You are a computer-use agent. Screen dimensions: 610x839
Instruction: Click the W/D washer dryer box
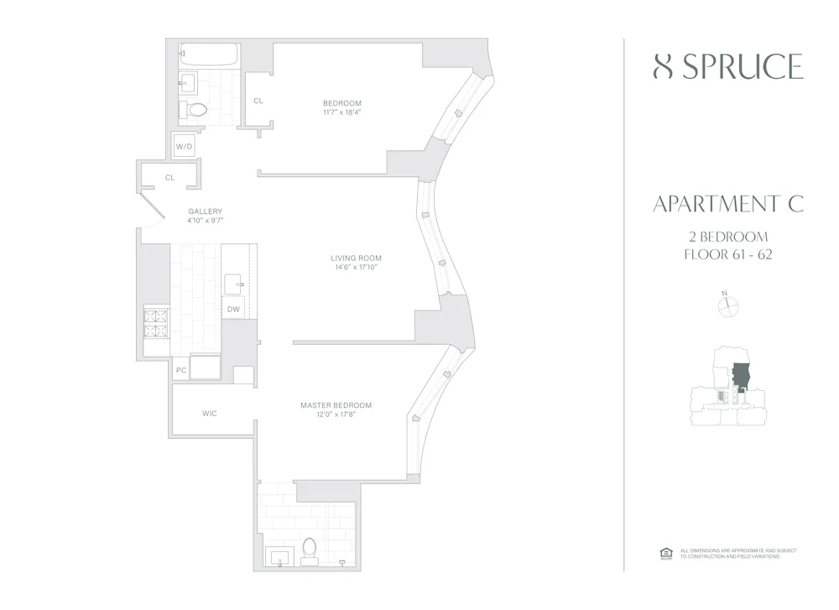click(x=184, y=147)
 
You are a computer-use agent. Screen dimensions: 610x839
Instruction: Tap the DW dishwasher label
click(x=234, y=309)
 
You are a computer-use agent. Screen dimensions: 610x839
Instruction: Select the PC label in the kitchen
click(x=180, y=369)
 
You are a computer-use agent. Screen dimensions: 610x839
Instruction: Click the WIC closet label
click(x=210, y=413)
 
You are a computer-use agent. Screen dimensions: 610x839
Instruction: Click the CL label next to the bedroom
click(x=258, y=101)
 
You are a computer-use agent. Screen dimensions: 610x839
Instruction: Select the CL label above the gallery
click(x=169, y=177)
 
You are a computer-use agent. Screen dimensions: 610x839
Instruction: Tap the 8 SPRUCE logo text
click(x=727, y=67)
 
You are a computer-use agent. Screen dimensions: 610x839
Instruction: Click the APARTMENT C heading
click(x=727, y=203)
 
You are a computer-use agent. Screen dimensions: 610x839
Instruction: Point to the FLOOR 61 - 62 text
click(x=727, y=254)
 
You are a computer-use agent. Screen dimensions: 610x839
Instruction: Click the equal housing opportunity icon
click(x=666, y=552)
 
